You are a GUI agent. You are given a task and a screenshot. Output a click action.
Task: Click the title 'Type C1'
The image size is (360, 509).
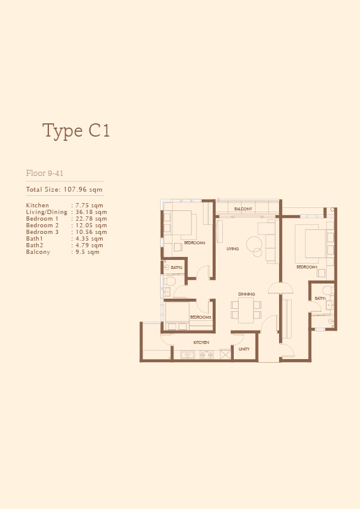pos(76,131)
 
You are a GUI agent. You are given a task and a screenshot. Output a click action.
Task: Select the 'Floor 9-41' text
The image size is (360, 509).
pos(45,173)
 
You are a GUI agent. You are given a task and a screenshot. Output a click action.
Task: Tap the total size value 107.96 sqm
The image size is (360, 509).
pos(83,189)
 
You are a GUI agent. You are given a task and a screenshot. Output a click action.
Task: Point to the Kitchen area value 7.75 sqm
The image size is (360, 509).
pos(89,205)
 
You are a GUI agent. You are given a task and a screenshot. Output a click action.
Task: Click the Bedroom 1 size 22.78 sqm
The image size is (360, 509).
pos(91,218)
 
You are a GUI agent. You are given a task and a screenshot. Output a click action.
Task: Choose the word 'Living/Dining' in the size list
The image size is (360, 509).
pos(47,212)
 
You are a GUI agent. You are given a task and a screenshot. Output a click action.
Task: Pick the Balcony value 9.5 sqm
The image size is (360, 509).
pos(87,252)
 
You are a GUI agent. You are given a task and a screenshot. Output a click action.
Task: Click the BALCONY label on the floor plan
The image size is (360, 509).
pos(243,209)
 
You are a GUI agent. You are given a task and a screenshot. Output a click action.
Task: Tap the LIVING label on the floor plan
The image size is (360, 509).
pos(233,248)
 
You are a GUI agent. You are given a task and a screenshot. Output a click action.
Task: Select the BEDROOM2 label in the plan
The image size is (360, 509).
pos(194,243)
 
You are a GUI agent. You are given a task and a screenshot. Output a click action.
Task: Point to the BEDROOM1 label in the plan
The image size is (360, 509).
pos(307,267)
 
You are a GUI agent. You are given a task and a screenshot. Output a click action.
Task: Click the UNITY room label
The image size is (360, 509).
pos(244,349)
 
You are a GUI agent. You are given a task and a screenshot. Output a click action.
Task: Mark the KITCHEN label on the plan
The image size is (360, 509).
pos(201,343)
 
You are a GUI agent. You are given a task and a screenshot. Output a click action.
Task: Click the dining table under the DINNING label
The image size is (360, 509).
pos(246,310)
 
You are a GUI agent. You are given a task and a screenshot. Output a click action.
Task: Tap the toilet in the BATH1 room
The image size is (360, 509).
pos(327,290)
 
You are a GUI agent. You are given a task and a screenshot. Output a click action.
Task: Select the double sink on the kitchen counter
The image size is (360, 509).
pos(187,355)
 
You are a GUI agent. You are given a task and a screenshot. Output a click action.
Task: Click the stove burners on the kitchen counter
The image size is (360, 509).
pos(207,355)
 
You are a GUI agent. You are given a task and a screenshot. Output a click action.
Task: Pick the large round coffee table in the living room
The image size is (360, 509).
pos(254,245)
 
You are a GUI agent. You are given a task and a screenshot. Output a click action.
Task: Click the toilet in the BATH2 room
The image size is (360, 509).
pos(169,280)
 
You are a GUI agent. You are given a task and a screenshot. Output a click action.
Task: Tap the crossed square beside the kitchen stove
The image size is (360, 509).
pos(225,354)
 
